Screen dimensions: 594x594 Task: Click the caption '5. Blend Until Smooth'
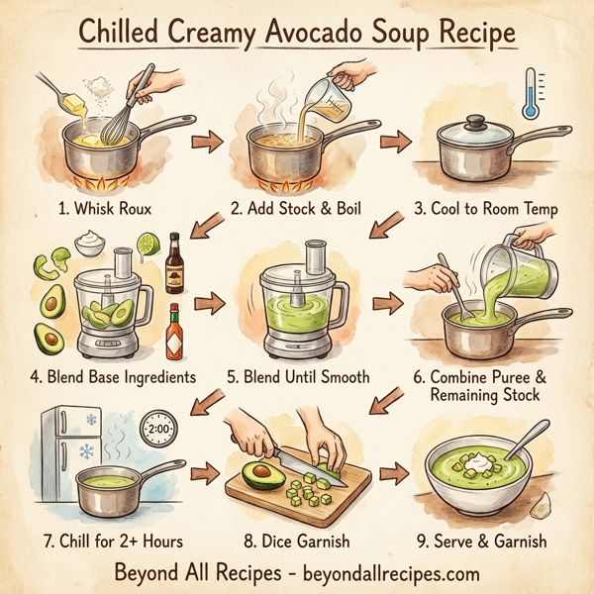point(297,377)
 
